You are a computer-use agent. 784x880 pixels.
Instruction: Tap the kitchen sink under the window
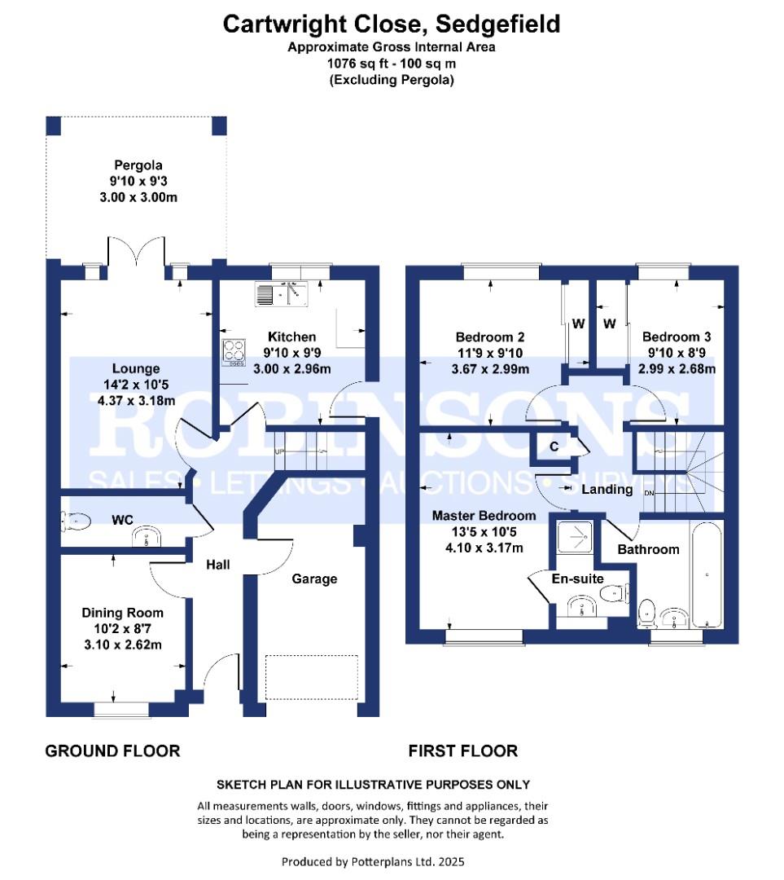coord(283,294)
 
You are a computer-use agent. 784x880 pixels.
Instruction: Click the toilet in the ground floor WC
coord(76,521)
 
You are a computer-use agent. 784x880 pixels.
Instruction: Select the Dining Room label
coord(122,613)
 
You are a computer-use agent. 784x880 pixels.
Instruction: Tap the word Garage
coord(314,579)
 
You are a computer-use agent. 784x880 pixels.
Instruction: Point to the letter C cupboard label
coord(554,447)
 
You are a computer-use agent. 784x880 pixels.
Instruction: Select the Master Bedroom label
coord(484,516)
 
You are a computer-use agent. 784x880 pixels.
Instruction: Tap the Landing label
coord(607,490)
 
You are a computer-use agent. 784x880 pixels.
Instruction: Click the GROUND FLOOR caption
coord(112,750)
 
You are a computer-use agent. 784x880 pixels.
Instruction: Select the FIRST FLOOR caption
coord(462,750)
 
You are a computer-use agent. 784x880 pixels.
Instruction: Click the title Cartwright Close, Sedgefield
coord(392,24)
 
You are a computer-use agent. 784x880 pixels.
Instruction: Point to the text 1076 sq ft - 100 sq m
coord(392,64)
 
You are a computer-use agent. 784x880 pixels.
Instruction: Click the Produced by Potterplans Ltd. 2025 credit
coord(373,861)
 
